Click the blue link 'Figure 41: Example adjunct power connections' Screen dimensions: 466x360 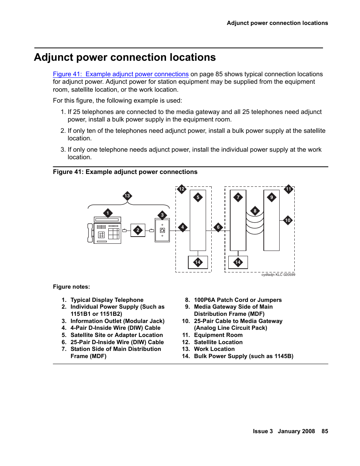point(121,74)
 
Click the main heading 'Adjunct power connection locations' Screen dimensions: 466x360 point(125,57)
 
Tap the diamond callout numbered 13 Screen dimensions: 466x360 point(127,196)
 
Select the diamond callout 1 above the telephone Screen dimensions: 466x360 point(108,213)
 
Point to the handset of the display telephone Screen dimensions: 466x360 point(90,233)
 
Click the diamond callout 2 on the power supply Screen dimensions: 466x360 point(138,230)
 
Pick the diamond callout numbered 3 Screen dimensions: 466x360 point(162,215)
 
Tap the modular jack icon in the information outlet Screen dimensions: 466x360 point(162,230)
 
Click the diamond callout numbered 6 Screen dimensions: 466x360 point(218,227)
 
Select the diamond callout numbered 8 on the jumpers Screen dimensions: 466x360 point(255,211)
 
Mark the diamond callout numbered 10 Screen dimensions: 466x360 point(288,220)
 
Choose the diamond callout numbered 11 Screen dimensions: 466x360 point(289,189)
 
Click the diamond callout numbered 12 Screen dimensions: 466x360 point(182,189)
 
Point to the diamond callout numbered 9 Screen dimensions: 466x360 point(272,197)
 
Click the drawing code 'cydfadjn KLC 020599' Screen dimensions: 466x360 point(278,275)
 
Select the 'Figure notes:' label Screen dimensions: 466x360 point(71,287)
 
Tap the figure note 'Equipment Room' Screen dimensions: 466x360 point(218,335)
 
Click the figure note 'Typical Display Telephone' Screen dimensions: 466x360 point(107,300)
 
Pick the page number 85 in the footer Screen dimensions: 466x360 point(325,431)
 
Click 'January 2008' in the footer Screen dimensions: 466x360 point(296,431)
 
